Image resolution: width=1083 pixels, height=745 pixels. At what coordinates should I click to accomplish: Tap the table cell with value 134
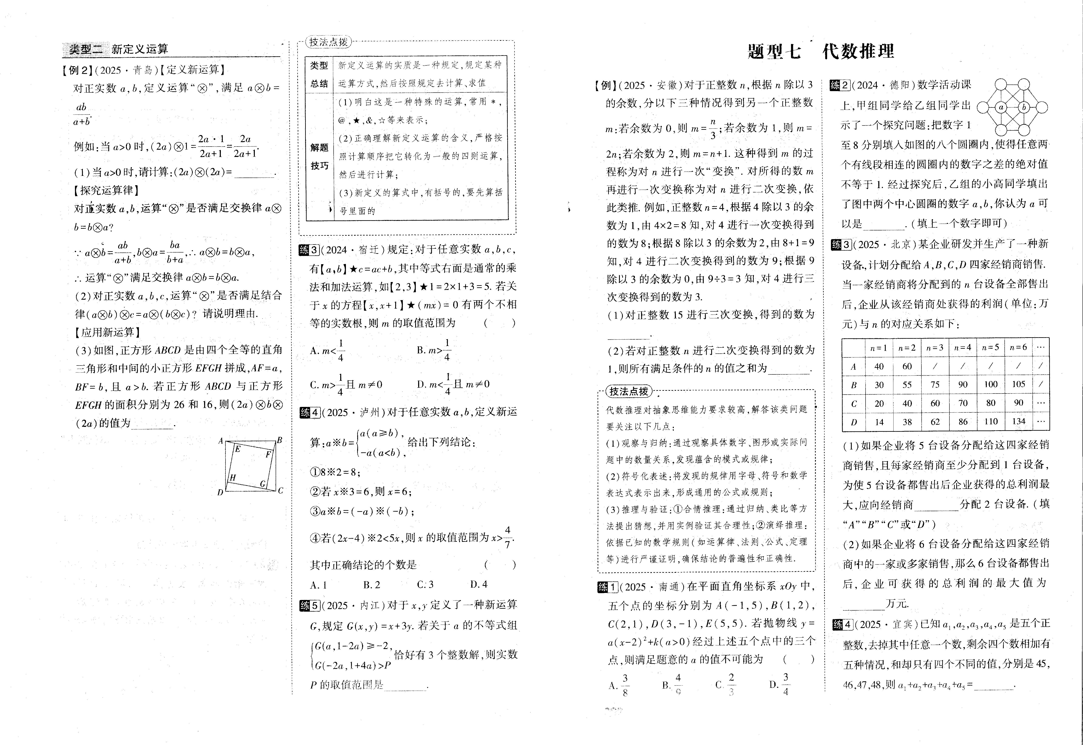[1018, 422]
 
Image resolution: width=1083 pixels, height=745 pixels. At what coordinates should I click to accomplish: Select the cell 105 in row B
[1018, 384]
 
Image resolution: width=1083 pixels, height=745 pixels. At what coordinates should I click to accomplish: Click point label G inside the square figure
[263, 484]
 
